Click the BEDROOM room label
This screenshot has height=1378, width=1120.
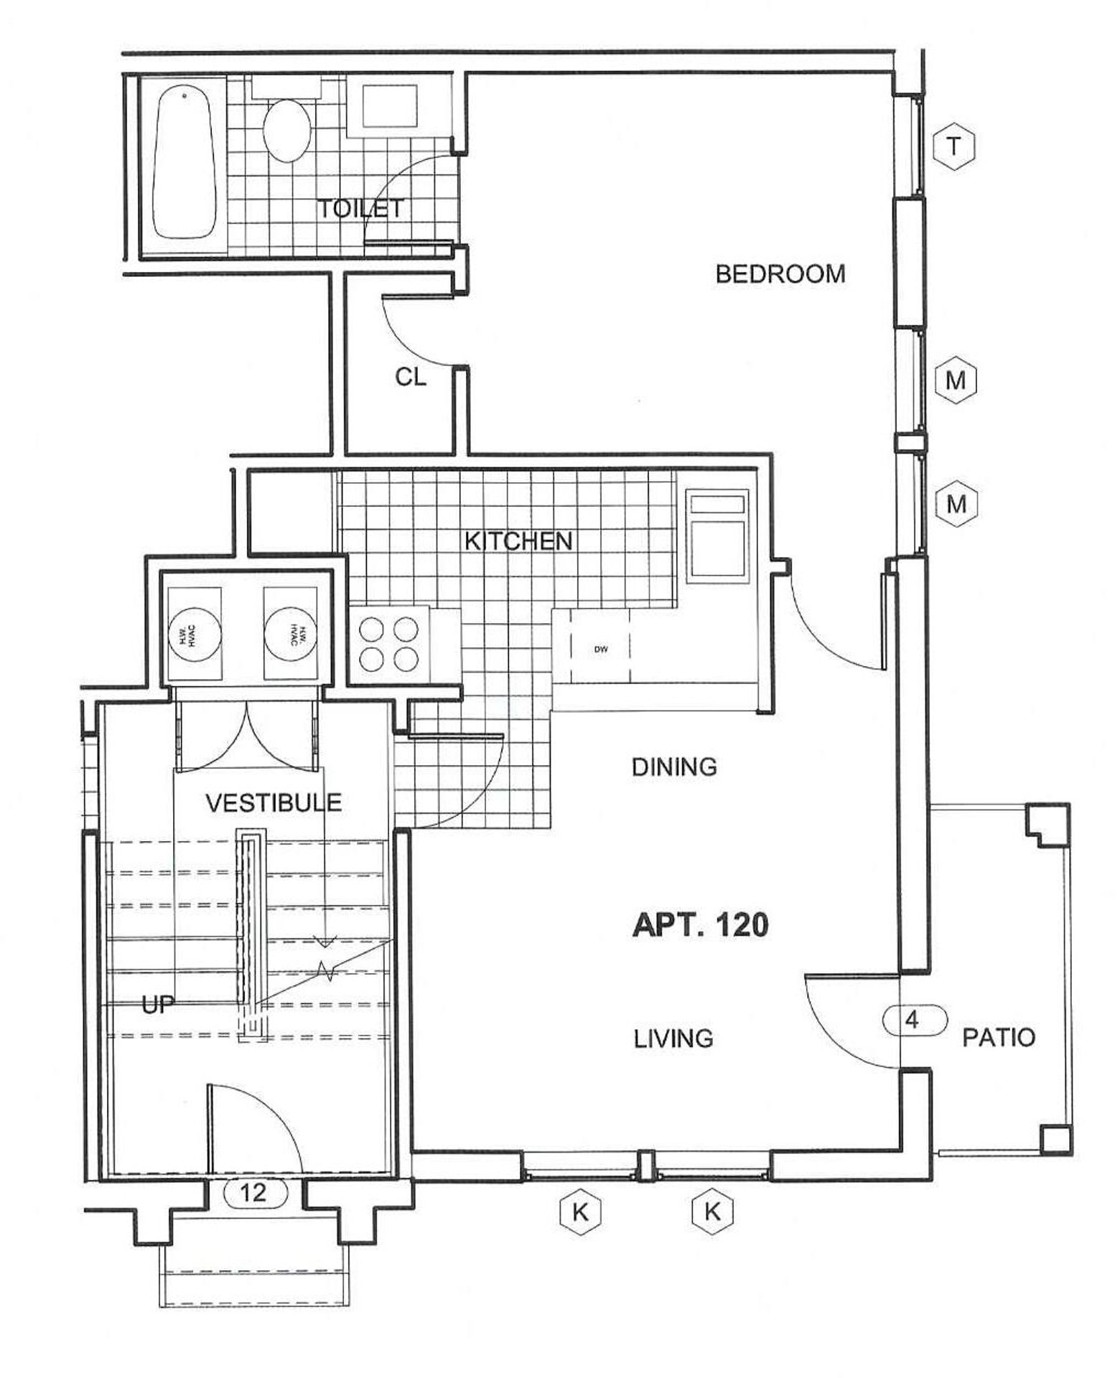coord(780,273)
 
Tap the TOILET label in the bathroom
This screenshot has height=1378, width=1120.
coord(360,209)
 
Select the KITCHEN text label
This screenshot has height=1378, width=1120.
coord(518,540)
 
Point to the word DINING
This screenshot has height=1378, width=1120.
coord(674,767)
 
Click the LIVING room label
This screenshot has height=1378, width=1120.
coord(673,1039)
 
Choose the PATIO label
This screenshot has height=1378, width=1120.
coord(999,1037)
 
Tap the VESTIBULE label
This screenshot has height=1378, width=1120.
coord(274,802)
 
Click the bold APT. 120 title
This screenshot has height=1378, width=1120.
coord(700,924)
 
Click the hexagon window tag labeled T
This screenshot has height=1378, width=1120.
coord(953,146)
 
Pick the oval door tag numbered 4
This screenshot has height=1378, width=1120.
coord(913,1020)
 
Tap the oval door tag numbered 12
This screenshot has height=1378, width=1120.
coord(255,1193)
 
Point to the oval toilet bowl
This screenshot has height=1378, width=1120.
coord(287,130)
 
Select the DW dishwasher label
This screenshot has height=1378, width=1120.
coord(601,650)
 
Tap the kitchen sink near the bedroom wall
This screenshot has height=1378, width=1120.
coord(717,535)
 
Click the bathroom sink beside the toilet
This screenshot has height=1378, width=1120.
coord(389,106)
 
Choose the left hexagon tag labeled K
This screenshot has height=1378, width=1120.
coord(579,1213)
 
